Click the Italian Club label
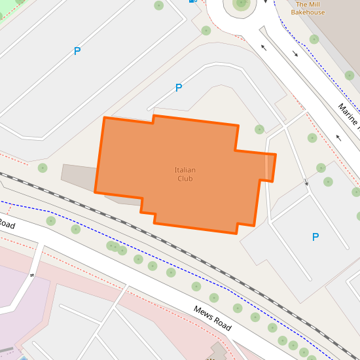click(x=185, y=174)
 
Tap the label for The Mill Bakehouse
click(x=308, y=8)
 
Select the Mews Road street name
click(x=213, y=317)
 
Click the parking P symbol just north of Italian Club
click(x=178, y=88)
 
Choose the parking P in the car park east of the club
click(x=315, y=237)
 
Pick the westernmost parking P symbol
click(x=77, y=51)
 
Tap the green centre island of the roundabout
click(x=242, y=3)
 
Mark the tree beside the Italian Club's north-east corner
click(x=259, y=129)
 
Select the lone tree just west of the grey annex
click(x=43, y=168)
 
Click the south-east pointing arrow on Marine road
click(x=295, y=54)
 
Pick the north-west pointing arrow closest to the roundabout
click(x=264, y=47)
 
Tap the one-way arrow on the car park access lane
click(x=306, y=181)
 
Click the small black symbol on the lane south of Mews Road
click(x=31, y=275)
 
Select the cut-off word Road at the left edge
click(x=6, y=224)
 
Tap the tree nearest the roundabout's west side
click(x=206, y=30)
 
